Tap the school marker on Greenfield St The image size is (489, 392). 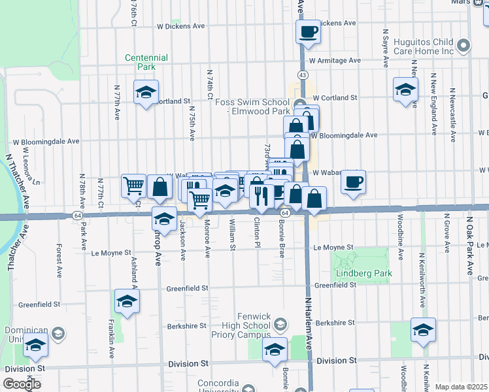pos(127,301)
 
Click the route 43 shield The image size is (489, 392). pos(302,75)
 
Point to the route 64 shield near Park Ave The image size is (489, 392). pos(77,215)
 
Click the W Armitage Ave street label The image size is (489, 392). pos(335,61)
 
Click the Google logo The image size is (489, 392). pos(22,384)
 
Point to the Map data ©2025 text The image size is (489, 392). pos(462,387)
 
